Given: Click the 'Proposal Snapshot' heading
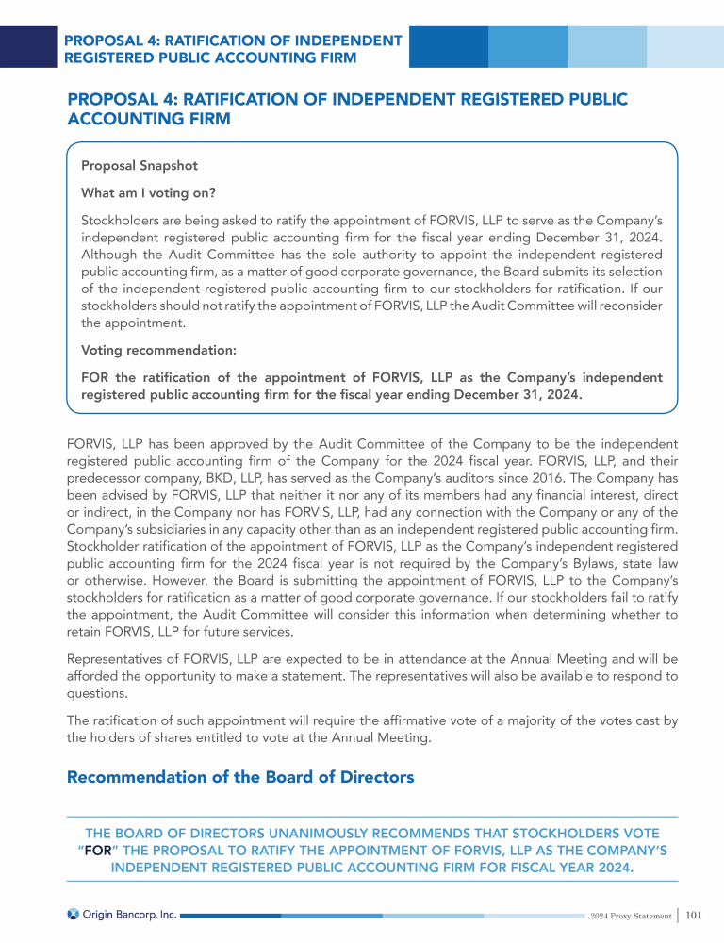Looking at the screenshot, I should click(140, 166).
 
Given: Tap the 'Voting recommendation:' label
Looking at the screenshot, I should click(158, 350).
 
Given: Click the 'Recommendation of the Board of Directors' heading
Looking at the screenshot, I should click(240, 778).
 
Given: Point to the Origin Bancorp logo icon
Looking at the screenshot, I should click(74, 914).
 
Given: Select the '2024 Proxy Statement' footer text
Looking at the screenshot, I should click(630, 915).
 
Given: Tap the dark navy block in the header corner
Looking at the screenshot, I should click(28, 46).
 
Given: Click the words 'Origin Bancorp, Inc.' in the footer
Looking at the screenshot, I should click(130, 914).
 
